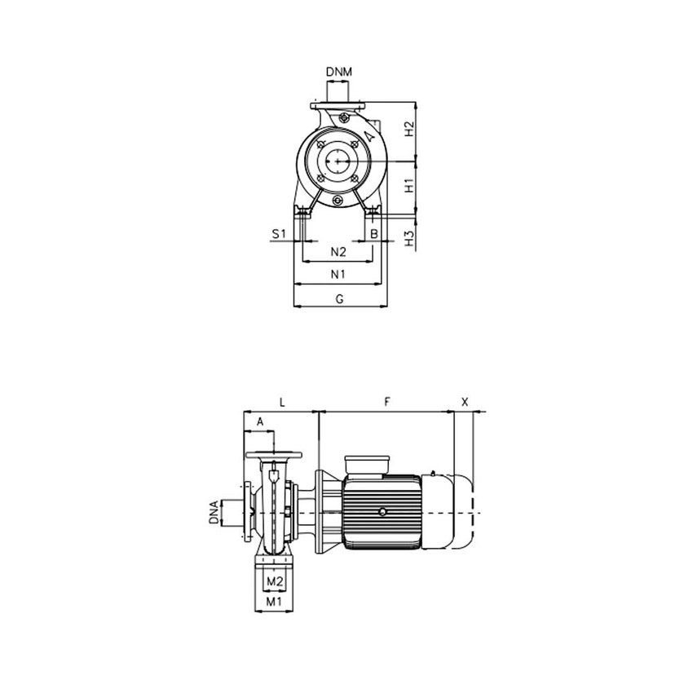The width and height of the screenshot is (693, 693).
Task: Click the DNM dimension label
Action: (339, 72)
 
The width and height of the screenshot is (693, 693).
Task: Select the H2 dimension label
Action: (410, 129)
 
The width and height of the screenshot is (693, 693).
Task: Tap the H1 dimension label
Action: (410, 185)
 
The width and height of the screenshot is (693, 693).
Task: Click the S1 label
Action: (279, 234)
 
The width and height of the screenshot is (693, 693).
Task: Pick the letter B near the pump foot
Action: (373, 234)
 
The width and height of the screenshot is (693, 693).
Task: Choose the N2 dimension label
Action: (338, 250)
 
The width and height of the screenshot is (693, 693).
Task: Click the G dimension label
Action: (339, 299)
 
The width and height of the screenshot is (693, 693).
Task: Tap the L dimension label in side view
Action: (281, 402)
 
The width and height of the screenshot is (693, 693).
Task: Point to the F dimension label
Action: (388, 402)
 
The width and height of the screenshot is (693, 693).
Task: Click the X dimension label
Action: (466, 402)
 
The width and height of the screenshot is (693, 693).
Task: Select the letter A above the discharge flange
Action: (260, 422)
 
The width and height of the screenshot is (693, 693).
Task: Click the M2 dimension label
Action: (275, 581)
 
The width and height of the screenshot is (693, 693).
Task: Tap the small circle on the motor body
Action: (382, 512)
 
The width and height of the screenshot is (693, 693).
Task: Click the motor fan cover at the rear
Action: (465, 510)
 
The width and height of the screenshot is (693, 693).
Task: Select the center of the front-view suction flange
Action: (338, 161)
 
